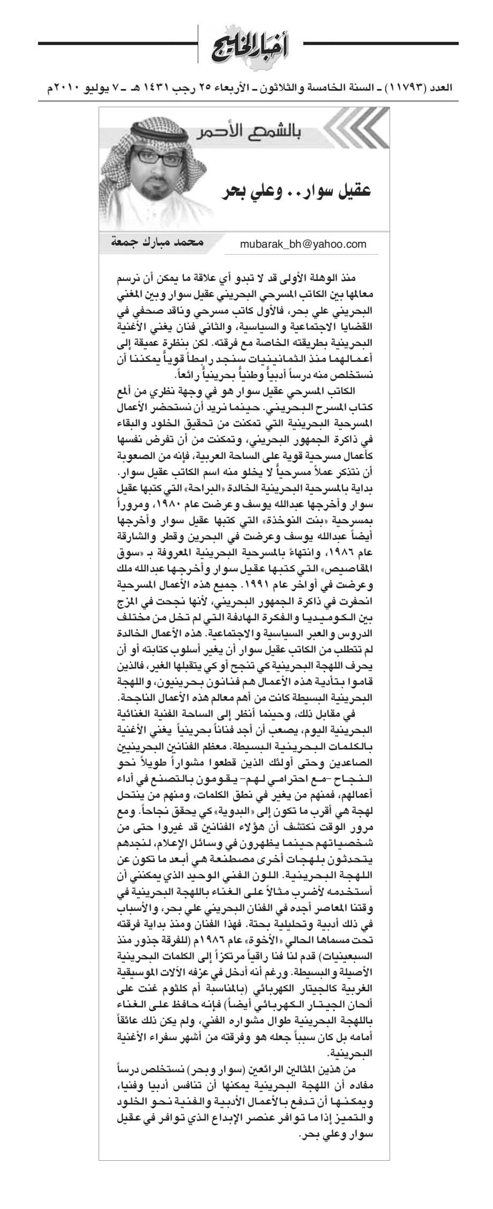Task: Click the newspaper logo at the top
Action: pos(246,48)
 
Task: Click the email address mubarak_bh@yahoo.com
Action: pos(303,244)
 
